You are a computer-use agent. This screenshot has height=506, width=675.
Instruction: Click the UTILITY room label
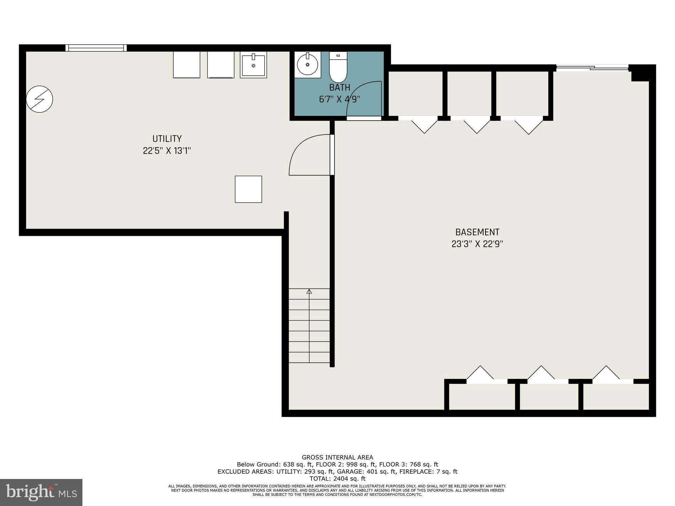pos(167,139)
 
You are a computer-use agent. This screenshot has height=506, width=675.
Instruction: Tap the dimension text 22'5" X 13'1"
pos(167,151)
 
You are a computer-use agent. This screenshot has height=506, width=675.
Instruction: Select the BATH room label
pos(339,88)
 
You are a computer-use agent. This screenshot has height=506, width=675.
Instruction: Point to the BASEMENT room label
pos(477,232)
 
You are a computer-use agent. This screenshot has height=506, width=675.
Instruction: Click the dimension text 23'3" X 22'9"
pos(477,244)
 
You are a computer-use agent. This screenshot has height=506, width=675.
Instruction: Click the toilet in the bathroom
pos(338,68)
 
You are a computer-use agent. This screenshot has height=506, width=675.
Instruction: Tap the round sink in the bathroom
pos(308,65)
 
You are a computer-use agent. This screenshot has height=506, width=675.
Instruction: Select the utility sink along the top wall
pos(253,65)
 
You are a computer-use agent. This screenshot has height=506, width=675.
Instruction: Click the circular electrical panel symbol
pos(40,99)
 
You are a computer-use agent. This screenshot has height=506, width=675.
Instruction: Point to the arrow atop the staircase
pos(309,291)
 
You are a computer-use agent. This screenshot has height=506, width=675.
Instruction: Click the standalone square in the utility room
pos(248,189)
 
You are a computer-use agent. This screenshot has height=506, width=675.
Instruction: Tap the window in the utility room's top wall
pos(96,48)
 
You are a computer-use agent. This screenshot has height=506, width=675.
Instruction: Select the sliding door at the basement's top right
pos(592,68)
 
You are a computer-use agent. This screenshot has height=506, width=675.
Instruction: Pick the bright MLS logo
pos(41,492)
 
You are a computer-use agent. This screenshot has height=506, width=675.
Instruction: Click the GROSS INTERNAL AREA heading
pos(337,457)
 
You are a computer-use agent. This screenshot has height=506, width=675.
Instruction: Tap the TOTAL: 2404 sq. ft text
pos(337,479)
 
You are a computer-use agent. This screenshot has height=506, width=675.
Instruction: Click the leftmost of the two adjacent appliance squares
pos(187,65)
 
